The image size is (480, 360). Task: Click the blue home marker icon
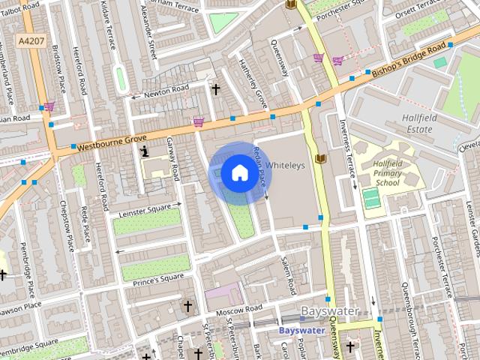238,173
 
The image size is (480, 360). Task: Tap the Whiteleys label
286,166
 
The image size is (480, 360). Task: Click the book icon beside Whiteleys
321,159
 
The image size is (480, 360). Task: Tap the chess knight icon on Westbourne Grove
144,151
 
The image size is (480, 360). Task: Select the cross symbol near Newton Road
216,90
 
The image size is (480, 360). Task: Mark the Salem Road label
288,274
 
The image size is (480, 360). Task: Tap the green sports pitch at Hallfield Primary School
371,199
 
